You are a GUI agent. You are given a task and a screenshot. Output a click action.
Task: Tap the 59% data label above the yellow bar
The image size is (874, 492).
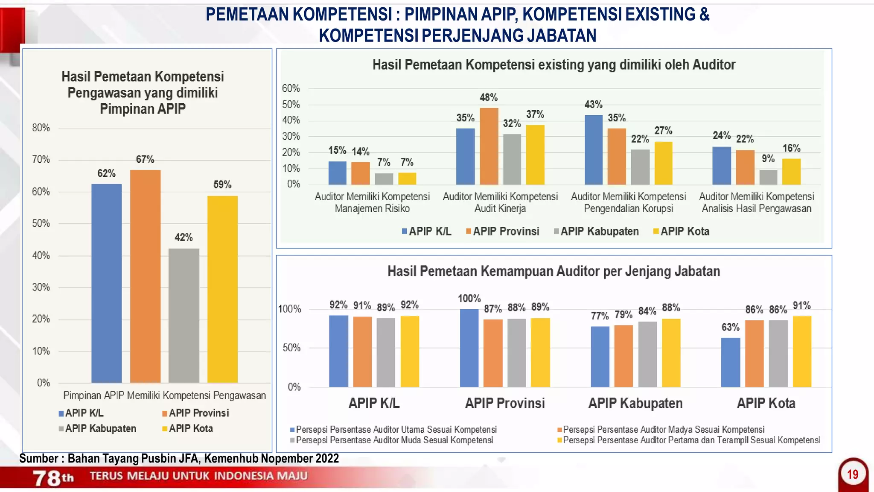222,184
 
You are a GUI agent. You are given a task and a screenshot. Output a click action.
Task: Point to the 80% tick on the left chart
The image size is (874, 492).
41,128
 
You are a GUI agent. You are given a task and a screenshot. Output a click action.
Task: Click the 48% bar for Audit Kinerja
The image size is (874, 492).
489,146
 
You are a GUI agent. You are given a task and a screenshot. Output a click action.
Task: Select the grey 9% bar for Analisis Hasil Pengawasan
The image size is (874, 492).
768,177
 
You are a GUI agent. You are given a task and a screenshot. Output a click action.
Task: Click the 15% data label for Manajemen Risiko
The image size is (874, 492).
337,150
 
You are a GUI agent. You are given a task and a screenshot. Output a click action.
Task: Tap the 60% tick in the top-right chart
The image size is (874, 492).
291,88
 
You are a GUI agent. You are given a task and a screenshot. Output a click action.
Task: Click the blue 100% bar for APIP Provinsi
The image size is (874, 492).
469,348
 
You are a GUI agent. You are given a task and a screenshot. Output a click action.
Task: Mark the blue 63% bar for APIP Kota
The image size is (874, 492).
730,362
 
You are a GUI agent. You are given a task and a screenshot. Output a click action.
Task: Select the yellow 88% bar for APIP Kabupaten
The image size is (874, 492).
671,353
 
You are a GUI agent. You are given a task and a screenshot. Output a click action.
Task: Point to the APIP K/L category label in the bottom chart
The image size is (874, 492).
374,403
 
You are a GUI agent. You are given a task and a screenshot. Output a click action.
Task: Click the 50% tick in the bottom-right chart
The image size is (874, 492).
291,348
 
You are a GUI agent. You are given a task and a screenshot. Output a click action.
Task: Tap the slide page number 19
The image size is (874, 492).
853,474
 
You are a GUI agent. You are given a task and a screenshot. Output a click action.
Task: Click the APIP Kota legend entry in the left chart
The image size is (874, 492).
187,428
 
